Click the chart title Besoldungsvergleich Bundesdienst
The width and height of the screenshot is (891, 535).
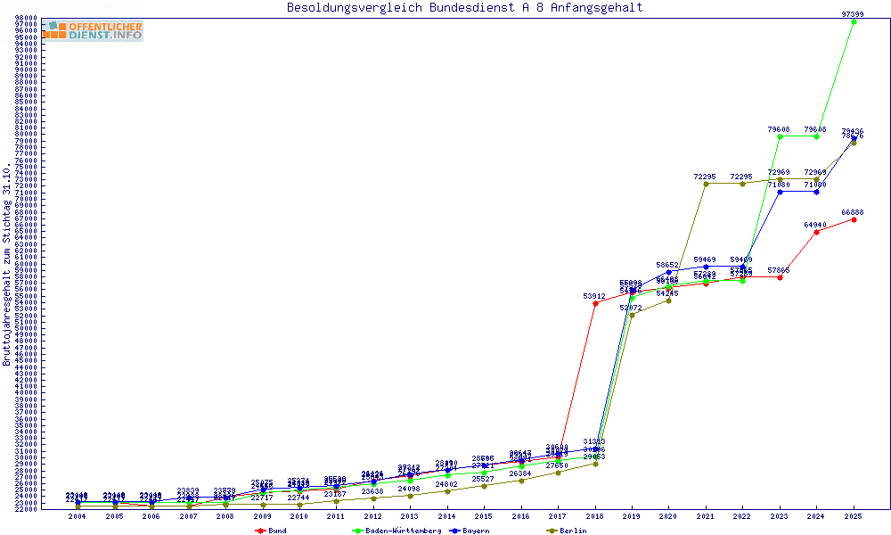464,8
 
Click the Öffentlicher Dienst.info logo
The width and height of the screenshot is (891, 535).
93,30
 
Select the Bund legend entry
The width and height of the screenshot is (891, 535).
273,531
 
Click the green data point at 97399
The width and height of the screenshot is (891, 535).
854,21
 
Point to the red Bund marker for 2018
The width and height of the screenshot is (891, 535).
595,303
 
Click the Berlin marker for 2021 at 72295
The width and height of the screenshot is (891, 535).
706,184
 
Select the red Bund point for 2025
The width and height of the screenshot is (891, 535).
854,219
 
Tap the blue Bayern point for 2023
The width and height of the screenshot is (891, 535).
781,192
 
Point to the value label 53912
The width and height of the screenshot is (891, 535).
595,296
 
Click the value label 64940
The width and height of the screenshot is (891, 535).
815,225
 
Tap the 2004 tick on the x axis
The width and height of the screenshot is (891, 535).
78,516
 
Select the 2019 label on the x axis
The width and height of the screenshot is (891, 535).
632,516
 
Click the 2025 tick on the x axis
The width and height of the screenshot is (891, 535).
854,516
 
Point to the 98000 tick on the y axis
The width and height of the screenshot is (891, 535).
25,18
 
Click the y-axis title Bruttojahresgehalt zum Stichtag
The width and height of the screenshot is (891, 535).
8,264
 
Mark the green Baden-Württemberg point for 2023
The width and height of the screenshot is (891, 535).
781,136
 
